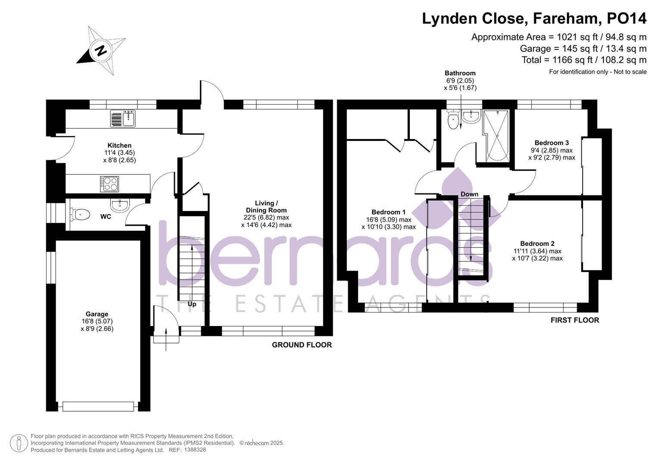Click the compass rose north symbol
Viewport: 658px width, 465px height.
101,51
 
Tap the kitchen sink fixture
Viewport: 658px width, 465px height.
123,118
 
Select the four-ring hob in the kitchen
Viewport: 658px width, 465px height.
109,184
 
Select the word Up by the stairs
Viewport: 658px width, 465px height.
192,304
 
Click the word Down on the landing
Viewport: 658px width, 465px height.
469,194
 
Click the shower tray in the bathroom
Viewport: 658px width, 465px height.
497,136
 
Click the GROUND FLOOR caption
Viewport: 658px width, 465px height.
302,345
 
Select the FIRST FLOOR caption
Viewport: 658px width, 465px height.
574,320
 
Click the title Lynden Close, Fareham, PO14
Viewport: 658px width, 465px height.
534,19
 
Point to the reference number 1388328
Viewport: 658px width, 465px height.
195,449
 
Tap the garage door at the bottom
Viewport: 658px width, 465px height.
98,406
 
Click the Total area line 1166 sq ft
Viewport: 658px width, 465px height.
584,60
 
